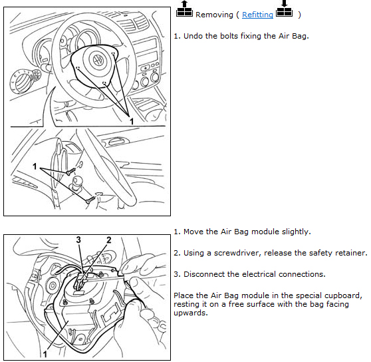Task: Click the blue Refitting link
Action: pyautogui.click(x=257, y=15)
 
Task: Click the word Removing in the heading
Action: pyautogui.click(x=214, y=15)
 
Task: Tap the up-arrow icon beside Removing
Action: pyautogui.click(x=184, y=9)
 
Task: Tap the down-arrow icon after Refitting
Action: pyautogui.click(x=284, y=9)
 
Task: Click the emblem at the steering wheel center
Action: pyautogui.click(x=98, y=60)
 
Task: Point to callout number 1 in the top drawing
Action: pyautogui.click(x=132, y=122)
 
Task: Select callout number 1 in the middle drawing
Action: pyautogui.click(x=35, y=166)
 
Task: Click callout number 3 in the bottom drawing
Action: pyautogui.click(x=78, y=240)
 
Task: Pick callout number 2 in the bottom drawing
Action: pyautogui.click(x=108, y=240)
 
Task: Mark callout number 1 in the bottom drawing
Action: pyautogui.click(x=45, y=354)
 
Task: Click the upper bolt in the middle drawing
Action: pyautogui.click(x=70, y=171)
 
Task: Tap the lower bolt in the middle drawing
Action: pyautogui.click(x=90, y=200)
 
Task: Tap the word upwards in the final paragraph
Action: pyautogui.click(x=190, y=313)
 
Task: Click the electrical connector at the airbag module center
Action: pyautogui.click(x=80, y=281)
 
